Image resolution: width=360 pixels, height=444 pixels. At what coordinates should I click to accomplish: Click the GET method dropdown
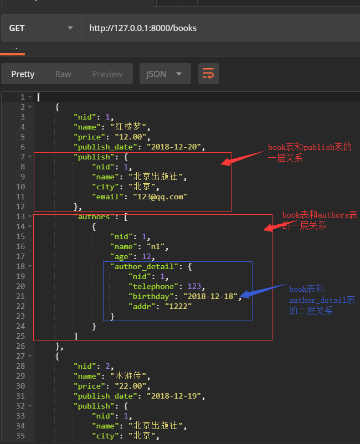tap(40, 28)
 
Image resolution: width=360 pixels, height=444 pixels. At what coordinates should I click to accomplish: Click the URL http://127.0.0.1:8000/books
tap(143, 28)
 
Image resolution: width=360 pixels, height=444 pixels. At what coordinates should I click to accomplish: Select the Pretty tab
tap(23, 74)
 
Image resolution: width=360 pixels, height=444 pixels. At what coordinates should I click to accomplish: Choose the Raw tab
tap(63, 74)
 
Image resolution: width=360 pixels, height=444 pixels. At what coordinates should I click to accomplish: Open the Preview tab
tap(107, 74)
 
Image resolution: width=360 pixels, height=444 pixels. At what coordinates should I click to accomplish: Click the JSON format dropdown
tap(164, 74)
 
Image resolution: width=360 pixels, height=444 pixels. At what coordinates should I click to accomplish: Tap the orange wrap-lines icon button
tap(208, 74)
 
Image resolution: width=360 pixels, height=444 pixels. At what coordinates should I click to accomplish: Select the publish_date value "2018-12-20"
tap(176, 147)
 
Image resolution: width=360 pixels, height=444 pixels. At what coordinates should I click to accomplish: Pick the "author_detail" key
tap(146, 266)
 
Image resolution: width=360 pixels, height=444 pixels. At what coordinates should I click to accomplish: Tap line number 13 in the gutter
tap(22, 216)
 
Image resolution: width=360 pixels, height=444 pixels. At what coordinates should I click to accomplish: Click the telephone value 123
tap(195, 286)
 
